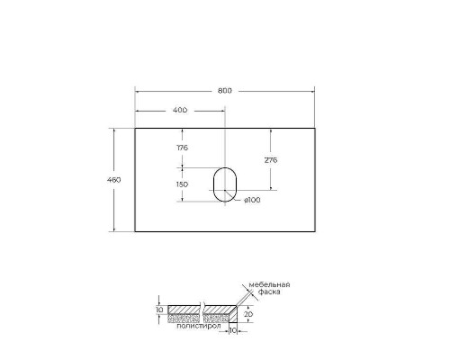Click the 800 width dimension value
click(x=224, y=89)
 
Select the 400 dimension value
click(x=179, y=111)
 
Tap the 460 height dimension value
click(x=114, y=179)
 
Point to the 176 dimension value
click(x=182, y=147)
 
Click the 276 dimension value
click(x=270, y=159)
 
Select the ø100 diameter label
click(x=252, y=200)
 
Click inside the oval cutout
click(x=223, y=184)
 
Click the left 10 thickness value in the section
click(x=159, y=310)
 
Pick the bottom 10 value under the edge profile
click(x=232, y=331)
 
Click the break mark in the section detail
click(x=205, y=310)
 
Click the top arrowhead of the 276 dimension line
click(x=269, y=130)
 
